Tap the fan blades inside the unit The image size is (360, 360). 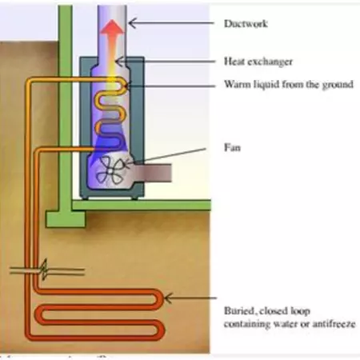point(110,170)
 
